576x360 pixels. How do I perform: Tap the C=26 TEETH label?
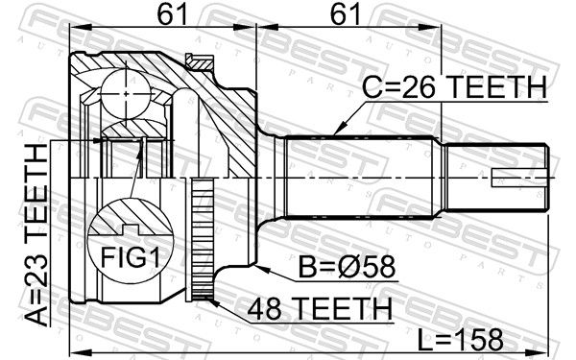[x=454, y=87]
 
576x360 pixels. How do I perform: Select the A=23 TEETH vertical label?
[x=36, y=235]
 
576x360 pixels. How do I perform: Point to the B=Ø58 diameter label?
[x=347, y=267]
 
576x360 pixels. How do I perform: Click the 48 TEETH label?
[x=320, y=308]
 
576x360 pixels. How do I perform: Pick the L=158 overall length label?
[x=461, y=340]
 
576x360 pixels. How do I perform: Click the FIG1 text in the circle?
[x=131, y=257]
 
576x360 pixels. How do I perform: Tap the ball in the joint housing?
[x=126, y=94]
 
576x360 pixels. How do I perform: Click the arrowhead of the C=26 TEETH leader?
[x=339, y=130]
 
